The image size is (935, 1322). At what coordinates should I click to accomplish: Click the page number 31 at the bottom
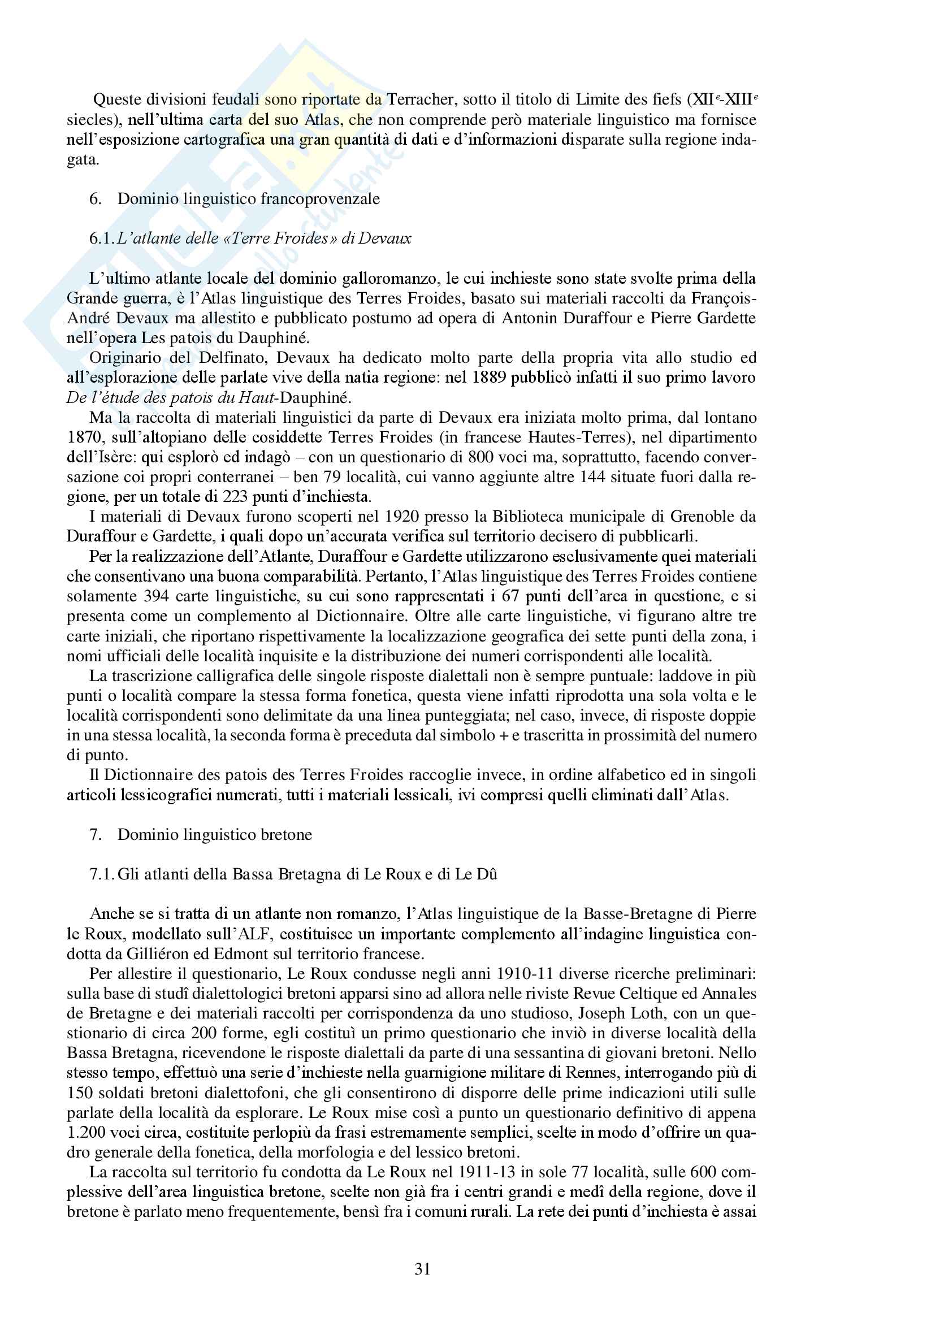(x=422, y=1269)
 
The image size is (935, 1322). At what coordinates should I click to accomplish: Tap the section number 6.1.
(x=102, y=239)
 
